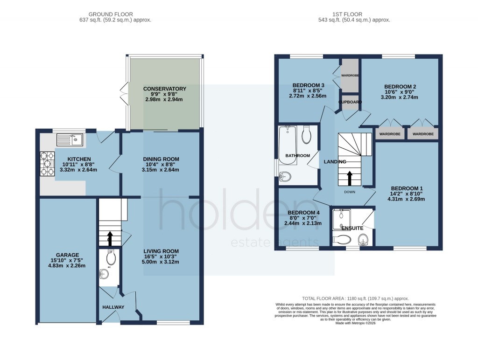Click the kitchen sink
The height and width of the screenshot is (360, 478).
[x=69, y=139]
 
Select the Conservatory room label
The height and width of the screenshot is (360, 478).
[x=165, y=89]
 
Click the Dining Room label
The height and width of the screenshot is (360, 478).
[x=161, y=159]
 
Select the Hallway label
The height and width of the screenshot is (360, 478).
[x=113, y=307]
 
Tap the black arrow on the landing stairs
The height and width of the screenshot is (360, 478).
[x=349, y=178]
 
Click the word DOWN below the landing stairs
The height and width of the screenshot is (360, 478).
[x=350, y=192]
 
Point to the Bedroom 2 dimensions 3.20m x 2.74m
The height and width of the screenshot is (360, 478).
[x=400, y=97]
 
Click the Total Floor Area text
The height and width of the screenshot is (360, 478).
[x=355, y=298]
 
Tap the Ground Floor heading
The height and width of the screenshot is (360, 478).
[x=122, y=14]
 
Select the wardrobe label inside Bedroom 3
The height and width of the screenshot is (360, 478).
[x=349, y=75]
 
